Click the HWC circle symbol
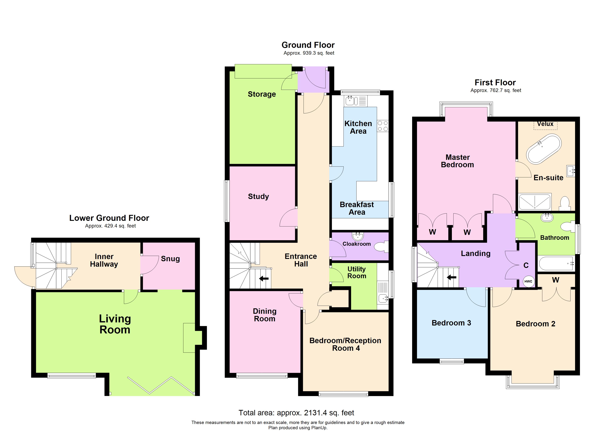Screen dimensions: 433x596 click(x=528, y=281)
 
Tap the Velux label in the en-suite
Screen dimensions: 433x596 click(x=545, y=124)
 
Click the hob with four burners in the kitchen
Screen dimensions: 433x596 click(x=383, y=126)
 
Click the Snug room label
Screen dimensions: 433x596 click(x=170, y=259)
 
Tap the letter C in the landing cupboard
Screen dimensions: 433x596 click(x=526, y=265)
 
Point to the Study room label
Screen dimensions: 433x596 click(x=258, y=196)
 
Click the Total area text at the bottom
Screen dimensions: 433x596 click(x=296, y=413)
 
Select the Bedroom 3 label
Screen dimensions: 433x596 click(x=451, y=323)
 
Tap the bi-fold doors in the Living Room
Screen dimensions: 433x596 click(x=161, y=386)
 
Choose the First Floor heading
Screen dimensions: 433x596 click(x=495, y=82)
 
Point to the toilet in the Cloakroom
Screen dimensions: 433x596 click(x=381, y=247)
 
